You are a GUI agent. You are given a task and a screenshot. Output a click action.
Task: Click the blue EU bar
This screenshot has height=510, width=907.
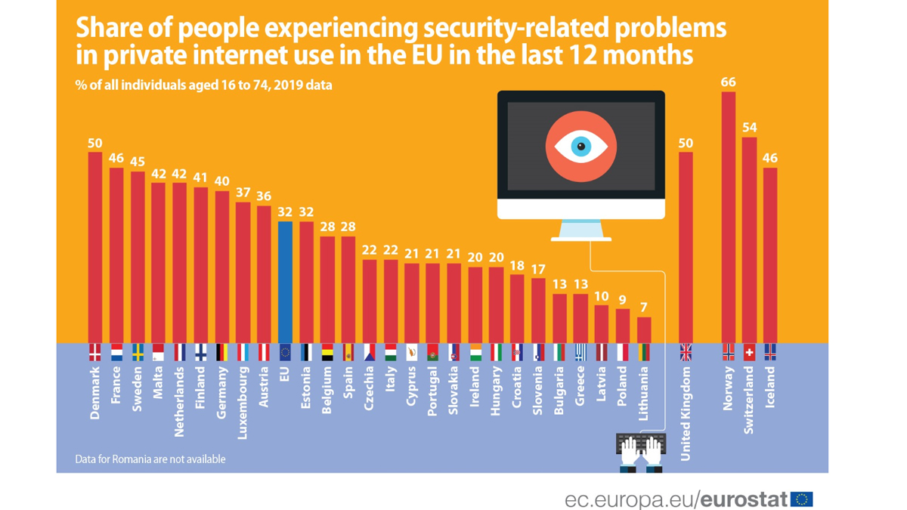pyautogui.click(x=285, y=282)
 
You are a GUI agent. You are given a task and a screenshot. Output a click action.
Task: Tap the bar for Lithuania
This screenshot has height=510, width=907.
pyautogui.click(x=644, y=330)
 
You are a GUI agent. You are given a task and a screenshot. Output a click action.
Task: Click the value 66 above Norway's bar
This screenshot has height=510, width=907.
pyautogui.click(x=729, y=82)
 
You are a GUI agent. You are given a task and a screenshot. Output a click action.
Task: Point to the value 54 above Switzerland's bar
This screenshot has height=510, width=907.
pyautogui.click(x=749, y=128)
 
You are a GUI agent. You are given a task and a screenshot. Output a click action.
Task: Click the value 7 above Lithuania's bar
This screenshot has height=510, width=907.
pyautogui.click(x=644, y=308)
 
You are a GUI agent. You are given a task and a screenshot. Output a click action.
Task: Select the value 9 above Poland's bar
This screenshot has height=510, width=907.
pyautogui.click(x=623, y=300)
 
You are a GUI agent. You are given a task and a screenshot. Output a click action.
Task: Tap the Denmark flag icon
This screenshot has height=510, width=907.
pyautogui.click(x=95, y=352)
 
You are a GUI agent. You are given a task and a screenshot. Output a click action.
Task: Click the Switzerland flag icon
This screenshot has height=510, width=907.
pyautogui.click(x=749, y=352)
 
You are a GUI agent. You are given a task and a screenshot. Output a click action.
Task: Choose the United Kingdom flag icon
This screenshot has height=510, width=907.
pyautogui.click(x=686, y=352)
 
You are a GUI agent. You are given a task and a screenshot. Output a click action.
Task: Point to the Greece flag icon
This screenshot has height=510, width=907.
pyautogui.click(x=580, y=352)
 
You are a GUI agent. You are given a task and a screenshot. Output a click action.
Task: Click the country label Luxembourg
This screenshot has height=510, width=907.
pyautogui.click(x=243, y=402)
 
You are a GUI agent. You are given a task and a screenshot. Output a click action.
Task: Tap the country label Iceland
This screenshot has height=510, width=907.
pyautogui.click(x=770, y=387)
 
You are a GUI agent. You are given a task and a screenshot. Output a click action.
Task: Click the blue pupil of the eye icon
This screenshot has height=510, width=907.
pyautogui.click(x=580, y=146)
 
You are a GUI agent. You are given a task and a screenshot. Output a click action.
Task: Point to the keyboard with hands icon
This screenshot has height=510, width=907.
pyautogui.click(x=641, y=452)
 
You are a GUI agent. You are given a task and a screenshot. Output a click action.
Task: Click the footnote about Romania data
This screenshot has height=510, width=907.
pyautogui.click(x=150, y=459)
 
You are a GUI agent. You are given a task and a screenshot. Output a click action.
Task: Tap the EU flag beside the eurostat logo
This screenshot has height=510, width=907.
pyautogui.click(x=802, y=499)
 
